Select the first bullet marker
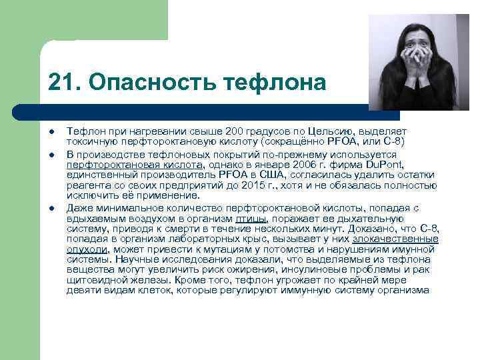52,132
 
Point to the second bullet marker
52,155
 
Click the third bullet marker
52,209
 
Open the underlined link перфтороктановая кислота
135,163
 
